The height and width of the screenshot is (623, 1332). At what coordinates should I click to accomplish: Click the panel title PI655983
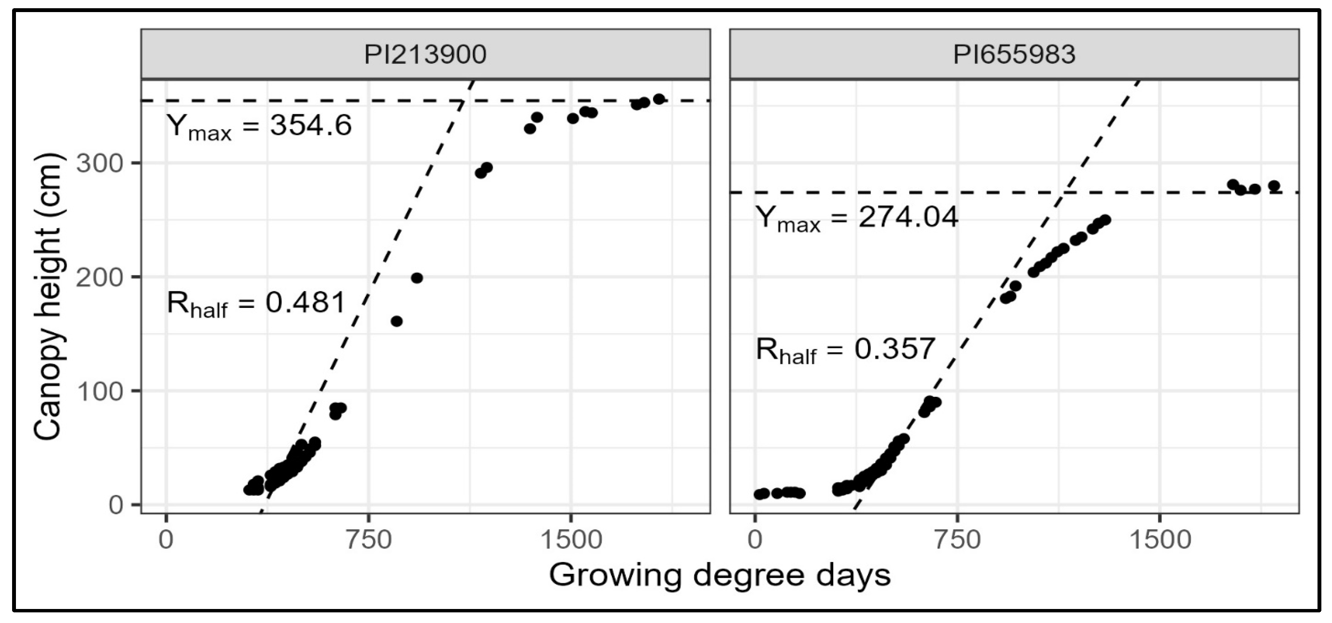pos(1014,54)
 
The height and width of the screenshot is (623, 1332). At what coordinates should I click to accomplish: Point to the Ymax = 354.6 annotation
pos(259,126)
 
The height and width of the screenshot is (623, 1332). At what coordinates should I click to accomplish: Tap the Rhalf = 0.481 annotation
pos(256,304)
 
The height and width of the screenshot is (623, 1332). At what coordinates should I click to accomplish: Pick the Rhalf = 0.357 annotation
pos(845,350)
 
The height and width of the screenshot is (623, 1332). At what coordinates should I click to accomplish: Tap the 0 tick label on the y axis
pos(116,505)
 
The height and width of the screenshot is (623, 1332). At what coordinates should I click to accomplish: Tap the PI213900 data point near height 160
pos(397,321)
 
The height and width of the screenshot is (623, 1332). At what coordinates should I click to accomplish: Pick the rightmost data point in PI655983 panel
pos(1274,186)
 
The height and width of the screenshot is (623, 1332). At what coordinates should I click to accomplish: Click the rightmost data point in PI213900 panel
pos(659,99)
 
